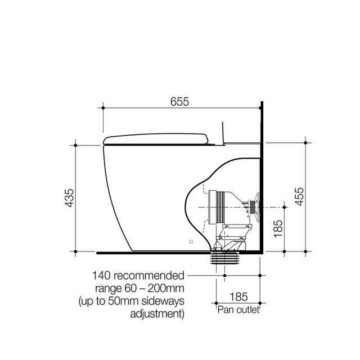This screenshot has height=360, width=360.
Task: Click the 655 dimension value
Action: [x=179, y=102]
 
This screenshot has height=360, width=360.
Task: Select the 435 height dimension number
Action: [x=70, y=198]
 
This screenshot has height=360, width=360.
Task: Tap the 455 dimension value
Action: [x=299, y=197]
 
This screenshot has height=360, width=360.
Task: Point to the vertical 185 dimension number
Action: [x=278, y=229]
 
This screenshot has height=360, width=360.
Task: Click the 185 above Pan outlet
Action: [x=238, y=297]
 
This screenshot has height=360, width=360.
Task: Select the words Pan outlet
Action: [x=238, y=310]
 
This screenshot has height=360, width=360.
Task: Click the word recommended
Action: [x=149, y=276]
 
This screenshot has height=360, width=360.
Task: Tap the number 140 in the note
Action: [x=101, y=276]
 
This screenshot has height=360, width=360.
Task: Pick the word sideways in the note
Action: [x=163, y=301]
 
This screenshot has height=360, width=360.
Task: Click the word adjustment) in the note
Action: [x=157, y=314]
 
